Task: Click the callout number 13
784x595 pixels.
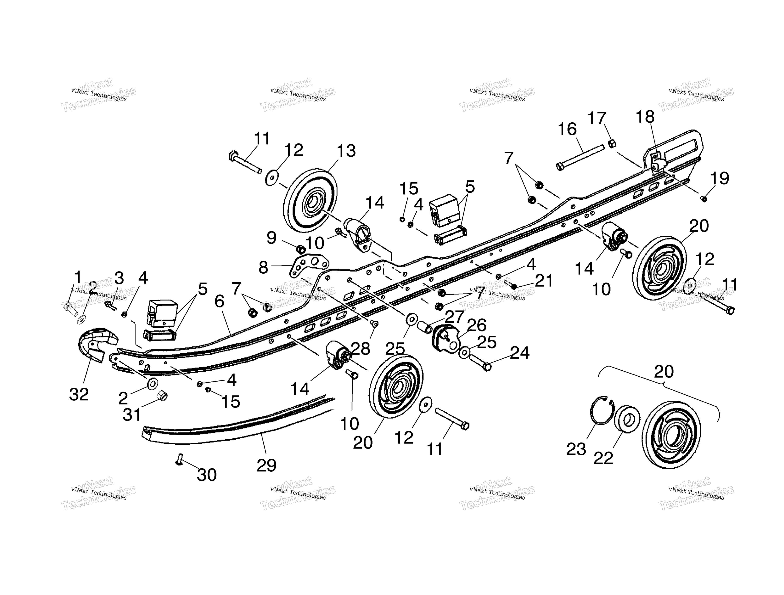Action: (x=346, y=151)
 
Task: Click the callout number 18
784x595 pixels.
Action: (x=645, y=117)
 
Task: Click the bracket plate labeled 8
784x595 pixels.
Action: (x=309, y=266)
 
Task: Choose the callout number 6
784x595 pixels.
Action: (x=219, y=302)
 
